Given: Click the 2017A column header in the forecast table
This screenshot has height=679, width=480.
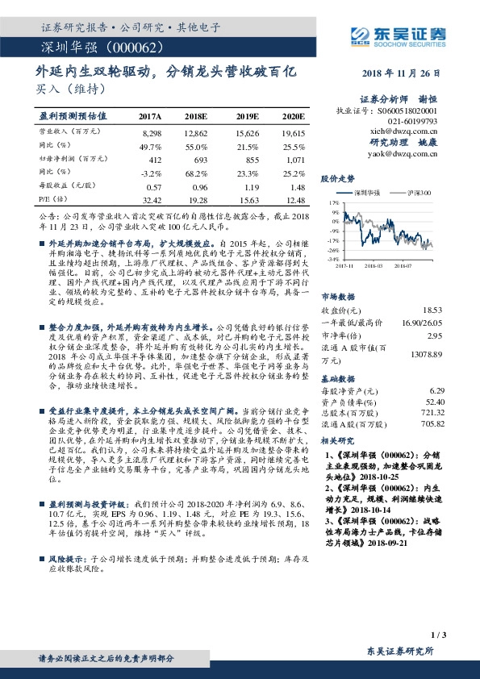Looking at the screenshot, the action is (x=150, y=117).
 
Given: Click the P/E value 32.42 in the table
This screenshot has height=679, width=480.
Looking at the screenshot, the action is (x=151, y=198).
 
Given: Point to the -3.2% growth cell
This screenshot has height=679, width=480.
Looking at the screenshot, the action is (x=152, y=173).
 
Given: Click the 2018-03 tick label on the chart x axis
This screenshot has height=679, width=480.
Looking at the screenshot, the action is (x=375, y=264).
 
